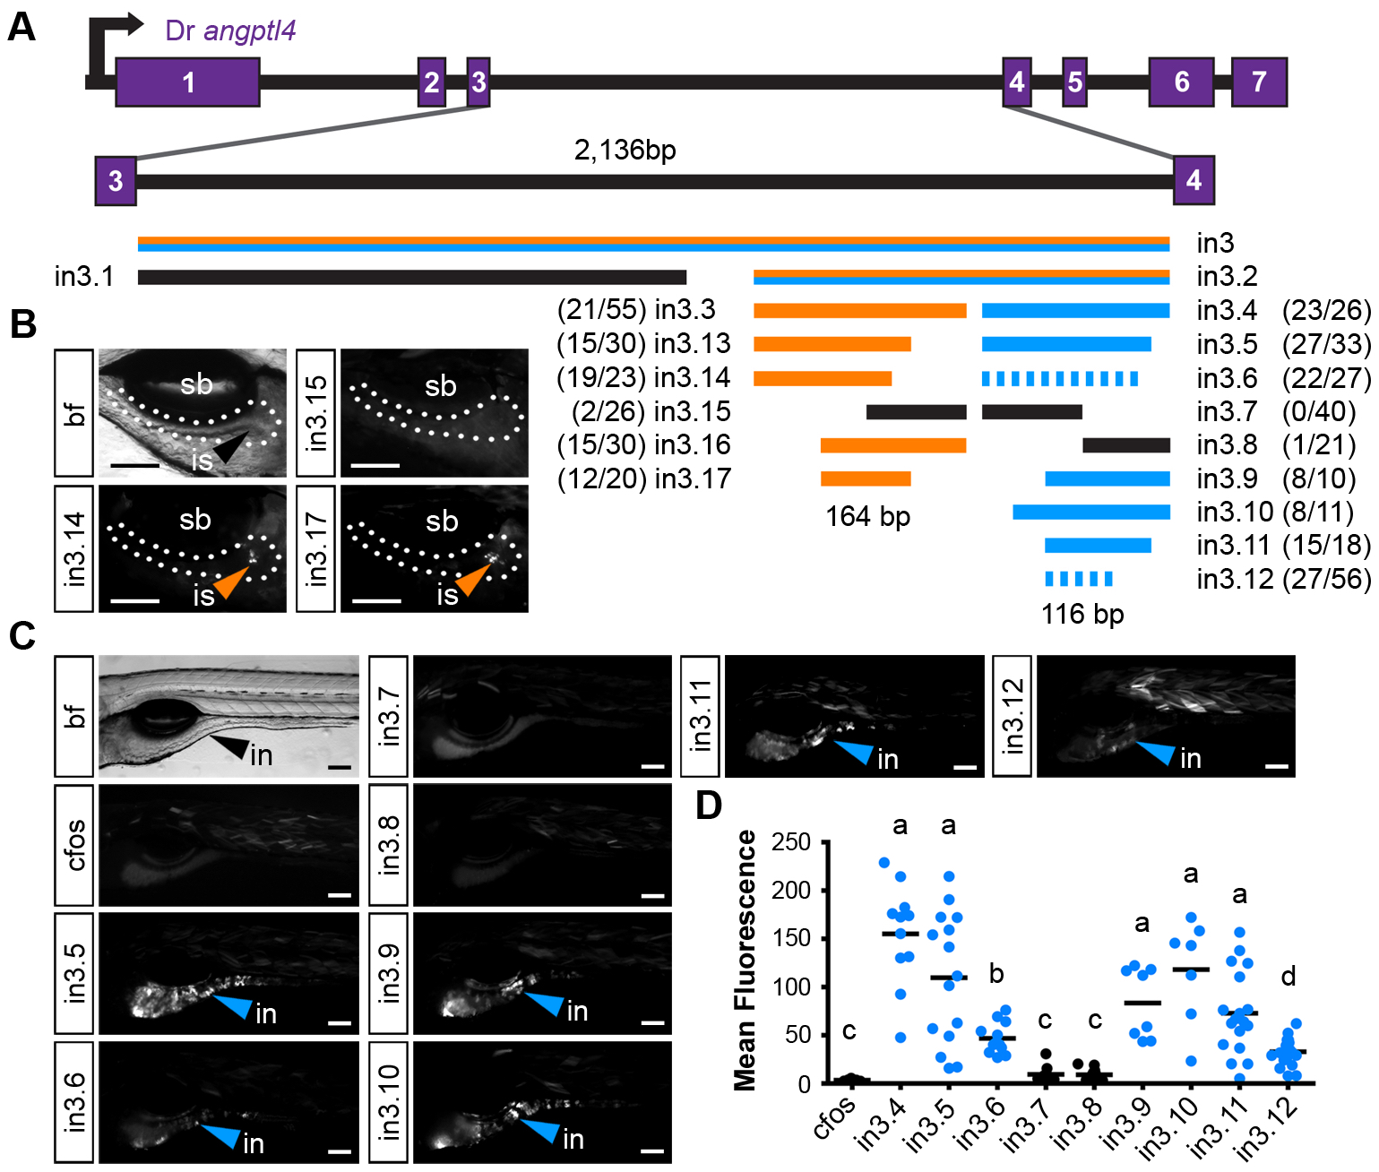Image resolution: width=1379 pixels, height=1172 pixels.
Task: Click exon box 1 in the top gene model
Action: [187, 82]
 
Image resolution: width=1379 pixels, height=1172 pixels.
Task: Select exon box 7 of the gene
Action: [1259, 82]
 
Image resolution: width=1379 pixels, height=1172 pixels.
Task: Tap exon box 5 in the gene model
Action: [1074, 82]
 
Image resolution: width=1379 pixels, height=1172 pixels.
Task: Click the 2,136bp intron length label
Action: [625, 150]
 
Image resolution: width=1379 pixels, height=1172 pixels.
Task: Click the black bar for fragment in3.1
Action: [411, 277]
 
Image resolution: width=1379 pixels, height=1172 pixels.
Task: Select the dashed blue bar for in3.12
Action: [1079, 579]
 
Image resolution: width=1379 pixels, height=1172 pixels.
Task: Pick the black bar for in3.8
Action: [1126, 445]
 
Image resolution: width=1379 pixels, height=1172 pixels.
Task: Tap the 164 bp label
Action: [867, 517]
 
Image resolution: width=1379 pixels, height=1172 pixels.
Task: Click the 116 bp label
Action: [1082, 614]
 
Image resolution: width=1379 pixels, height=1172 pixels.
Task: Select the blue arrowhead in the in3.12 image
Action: [1157, 752]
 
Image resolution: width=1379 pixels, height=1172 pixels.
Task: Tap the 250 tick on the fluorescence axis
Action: [791, 842]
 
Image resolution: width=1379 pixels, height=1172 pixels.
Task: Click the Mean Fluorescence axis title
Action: [746, 960]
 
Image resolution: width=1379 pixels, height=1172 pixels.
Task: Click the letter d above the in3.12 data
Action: [1289, 976]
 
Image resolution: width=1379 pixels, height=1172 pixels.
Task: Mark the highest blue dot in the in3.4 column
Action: [883, 863]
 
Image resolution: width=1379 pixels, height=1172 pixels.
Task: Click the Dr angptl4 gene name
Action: [230, 30]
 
